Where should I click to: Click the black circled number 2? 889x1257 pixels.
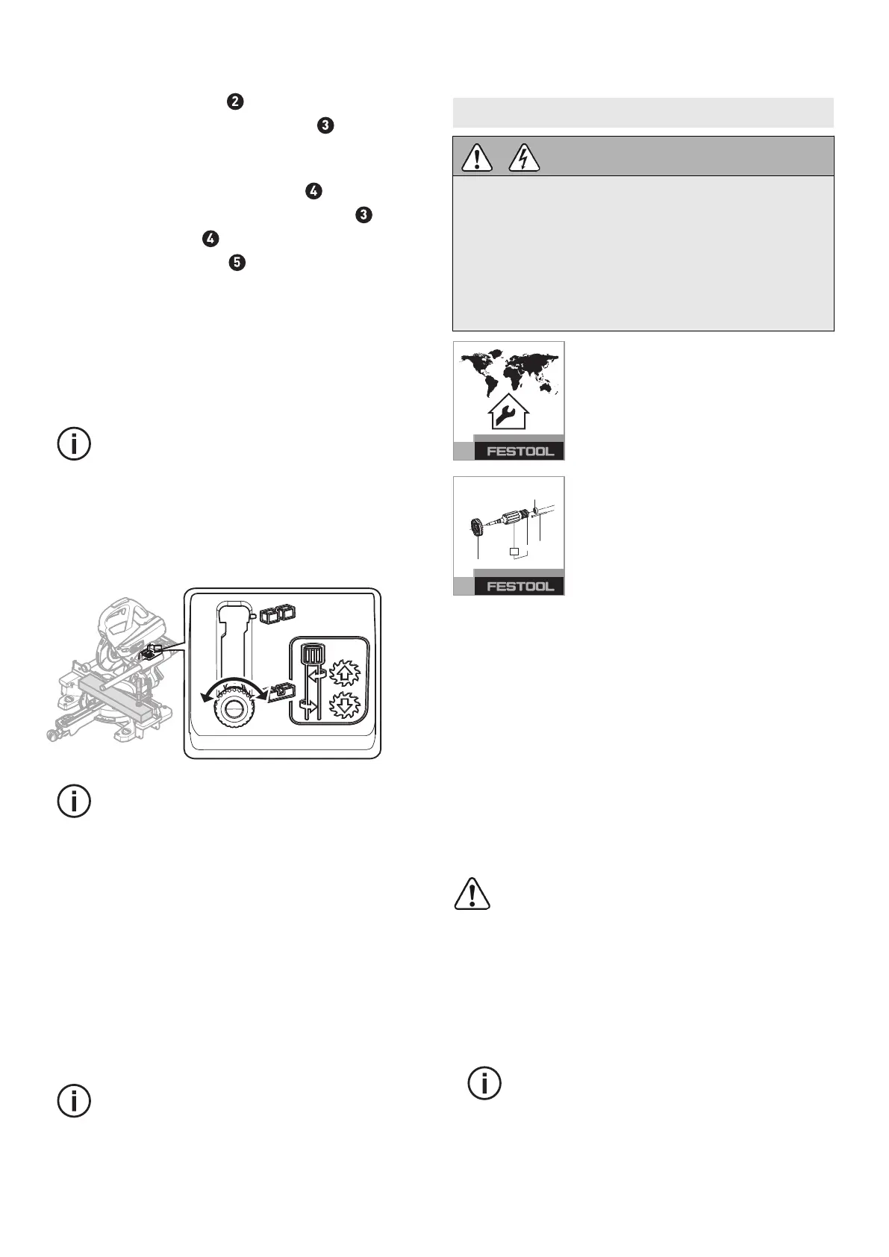tap(234, 102)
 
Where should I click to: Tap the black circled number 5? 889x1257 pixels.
tap(237, 263)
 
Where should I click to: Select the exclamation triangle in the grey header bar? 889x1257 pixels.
tap(476, 157)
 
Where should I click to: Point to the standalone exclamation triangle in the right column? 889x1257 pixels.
tap(472, 894)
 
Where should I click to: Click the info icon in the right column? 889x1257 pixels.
tap(484, 1083)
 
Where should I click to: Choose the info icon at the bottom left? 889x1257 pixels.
tap(74, 1101)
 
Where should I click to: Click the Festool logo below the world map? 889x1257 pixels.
tap(520, 451)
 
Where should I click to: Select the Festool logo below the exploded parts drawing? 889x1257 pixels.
tap(520, 586)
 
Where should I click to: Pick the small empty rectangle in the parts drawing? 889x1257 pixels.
tap(514, 552)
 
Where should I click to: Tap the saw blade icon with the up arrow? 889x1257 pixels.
tap(344, 673)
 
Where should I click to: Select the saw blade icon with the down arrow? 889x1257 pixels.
tap(344, 705)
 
